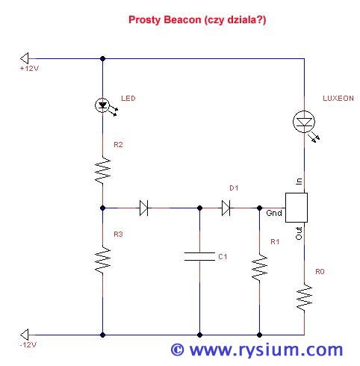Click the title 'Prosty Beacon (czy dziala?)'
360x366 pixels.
coord(197,20)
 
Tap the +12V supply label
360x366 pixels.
coord(29,69)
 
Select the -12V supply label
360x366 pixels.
coord(28,345)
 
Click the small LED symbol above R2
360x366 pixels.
coord(102,105)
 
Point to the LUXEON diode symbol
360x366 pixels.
coord(304,122)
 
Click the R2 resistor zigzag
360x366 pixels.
coord(102,170)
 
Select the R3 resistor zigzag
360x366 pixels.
coord(102,260)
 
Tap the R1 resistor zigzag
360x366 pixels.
coord(259,268)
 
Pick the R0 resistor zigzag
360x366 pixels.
coord(304,297)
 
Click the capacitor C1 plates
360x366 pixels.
coord(199,257)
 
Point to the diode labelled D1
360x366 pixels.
coord(226,208)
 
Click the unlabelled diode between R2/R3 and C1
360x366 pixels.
coord(143,208)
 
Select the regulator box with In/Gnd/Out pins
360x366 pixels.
coord(297,208)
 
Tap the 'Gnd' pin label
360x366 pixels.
coord(274,213)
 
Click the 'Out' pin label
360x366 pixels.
coord(299,233)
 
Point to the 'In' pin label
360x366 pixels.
coord(299,181)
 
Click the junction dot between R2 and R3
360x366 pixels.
coord(102,208)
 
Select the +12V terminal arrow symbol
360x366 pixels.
coord(25,59)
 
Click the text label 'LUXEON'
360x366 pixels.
coord(338,99)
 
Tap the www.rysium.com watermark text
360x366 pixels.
coord(257,350)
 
